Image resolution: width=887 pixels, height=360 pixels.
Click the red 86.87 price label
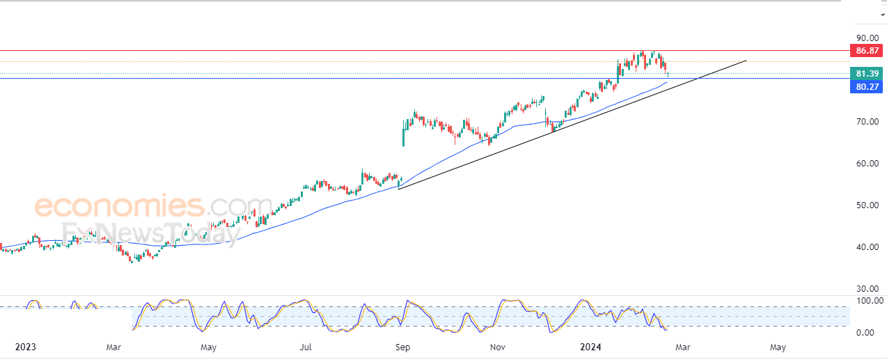coord(867,51)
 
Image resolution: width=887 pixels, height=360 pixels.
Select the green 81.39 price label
coord(867,74)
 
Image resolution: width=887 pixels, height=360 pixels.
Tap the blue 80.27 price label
coord(867,87)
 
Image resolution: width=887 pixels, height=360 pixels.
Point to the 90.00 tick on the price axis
coord(867,38)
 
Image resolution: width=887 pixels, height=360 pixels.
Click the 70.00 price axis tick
coord(867,122)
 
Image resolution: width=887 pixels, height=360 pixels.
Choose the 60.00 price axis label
coord(867,164)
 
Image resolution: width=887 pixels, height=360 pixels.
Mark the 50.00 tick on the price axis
coord(867,205)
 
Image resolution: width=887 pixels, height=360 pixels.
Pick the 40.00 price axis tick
coord(867,247)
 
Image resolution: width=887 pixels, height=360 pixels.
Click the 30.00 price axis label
coord(867,289)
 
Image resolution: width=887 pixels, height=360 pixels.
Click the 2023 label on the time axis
coord(24,346)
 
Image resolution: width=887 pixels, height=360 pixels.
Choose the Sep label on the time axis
coord(402,346)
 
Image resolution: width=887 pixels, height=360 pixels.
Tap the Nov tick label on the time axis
coord(497,346)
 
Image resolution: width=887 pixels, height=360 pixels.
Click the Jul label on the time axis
coord(306,346)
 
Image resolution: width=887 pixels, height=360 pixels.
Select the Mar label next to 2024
coord(682,346)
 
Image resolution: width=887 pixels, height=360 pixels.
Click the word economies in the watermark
coord(118,207)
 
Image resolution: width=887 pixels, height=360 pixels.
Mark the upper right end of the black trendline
coord(746,61)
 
